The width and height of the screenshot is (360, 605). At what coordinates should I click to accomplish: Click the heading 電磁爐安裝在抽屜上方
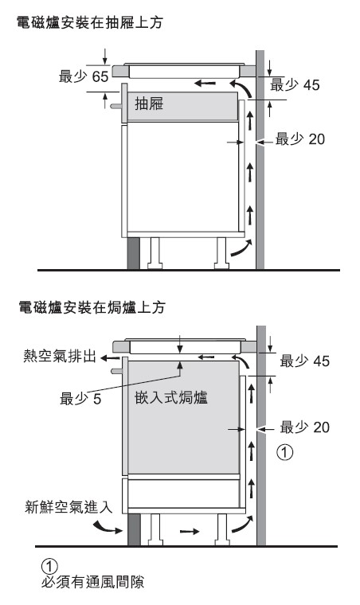(90, 23)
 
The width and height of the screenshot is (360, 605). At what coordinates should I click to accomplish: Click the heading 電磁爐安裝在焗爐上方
(92, 307)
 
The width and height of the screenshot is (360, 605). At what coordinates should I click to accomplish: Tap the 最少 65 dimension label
(84, 76)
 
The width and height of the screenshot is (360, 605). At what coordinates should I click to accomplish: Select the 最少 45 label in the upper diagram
(295, 84)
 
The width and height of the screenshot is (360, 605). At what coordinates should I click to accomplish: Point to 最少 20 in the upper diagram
(300, 139)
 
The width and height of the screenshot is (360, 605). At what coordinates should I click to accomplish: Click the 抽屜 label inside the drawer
(149, 103)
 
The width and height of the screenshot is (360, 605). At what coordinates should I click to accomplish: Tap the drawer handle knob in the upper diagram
(115, 106)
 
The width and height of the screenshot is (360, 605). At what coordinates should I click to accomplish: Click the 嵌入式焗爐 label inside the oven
(171, 397)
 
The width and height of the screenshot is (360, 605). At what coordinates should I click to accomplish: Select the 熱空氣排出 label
(60, 356)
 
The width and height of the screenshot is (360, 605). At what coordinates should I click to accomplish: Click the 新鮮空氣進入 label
(68, 506)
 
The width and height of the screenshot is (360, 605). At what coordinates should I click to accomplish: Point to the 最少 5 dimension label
(80, 398)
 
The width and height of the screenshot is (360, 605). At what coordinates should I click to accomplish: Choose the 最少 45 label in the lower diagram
(305, 361)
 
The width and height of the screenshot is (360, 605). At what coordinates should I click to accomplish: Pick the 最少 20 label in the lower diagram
(305, 427)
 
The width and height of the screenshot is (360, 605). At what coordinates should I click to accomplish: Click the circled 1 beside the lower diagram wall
(285, 452)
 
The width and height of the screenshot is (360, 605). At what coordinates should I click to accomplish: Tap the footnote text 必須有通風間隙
(93, 582)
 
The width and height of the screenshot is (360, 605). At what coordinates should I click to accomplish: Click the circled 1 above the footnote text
(49, 566)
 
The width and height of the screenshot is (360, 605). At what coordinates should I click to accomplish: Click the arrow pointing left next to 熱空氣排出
(111, 358)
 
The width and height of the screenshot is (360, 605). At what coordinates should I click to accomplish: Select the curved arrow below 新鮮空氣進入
(108, 527)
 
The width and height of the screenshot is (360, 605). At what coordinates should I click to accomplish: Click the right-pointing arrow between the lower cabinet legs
(190, 531)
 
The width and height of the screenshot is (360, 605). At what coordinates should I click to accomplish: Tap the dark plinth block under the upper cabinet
(134, 252)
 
